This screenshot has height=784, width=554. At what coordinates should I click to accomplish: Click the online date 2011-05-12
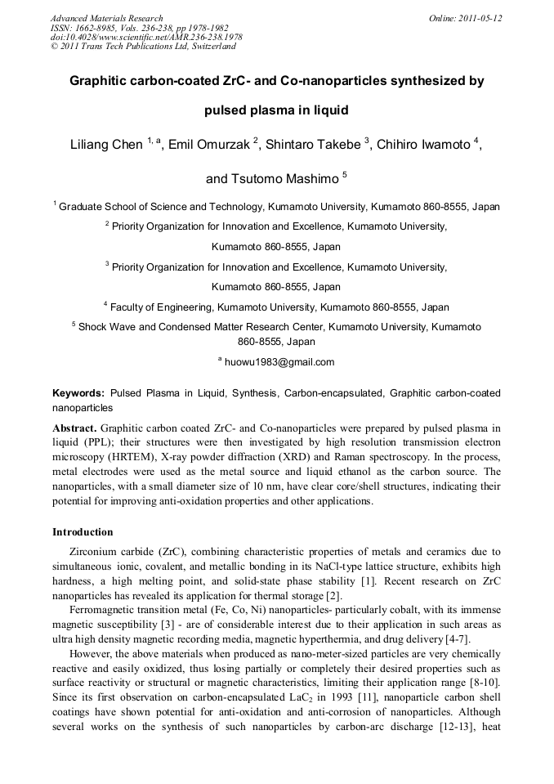click(480, 18)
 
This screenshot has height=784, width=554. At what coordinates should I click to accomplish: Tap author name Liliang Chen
click(105, 145)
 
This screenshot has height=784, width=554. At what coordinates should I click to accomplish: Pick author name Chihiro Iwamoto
click(425, 145)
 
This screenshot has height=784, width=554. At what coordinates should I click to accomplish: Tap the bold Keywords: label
click(78, 393)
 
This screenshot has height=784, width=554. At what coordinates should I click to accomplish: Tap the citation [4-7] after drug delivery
click(453, 639)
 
